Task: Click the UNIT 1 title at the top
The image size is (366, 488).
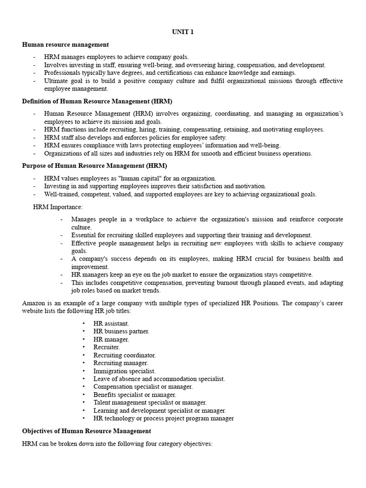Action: pos(183,32)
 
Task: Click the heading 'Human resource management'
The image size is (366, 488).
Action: pos(65,45)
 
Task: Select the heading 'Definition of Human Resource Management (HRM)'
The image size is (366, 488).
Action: pos(97,101)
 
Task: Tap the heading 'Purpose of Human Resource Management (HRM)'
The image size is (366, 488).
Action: pos(94,166)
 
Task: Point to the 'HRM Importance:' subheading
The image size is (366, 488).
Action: pos(58,207)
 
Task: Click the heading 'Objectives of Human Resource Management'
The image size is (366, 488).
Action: pos(86,431)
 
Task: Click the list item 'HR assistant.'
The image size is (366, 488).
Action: pos(111,323)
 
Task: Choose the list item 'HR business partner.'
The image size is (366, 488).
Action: pos(121,331)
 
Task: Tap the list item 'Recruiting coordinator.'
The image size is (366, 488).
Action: pos(124,355)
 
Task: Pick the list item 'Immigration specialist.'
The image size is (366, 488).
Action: pos(124,371)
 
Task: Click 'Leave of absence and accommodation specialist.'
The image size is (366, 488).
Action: pos(159,379)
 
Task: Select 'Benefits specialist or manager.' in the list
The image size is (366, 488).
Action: pos(134,395)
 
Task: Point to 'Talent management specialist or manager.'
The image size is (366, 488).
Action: pos(150,403)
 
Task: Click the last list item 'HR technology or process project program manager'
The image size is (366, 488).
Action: pos(163,418)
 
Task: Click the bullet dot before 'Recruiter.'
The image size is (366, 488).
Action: pos(83,347)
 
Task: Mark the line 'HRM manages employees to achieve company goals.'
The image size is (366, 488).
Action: pos(116,57)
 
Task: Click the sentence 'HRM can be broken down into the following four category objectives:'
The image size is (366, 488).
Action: pos(117,444)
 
